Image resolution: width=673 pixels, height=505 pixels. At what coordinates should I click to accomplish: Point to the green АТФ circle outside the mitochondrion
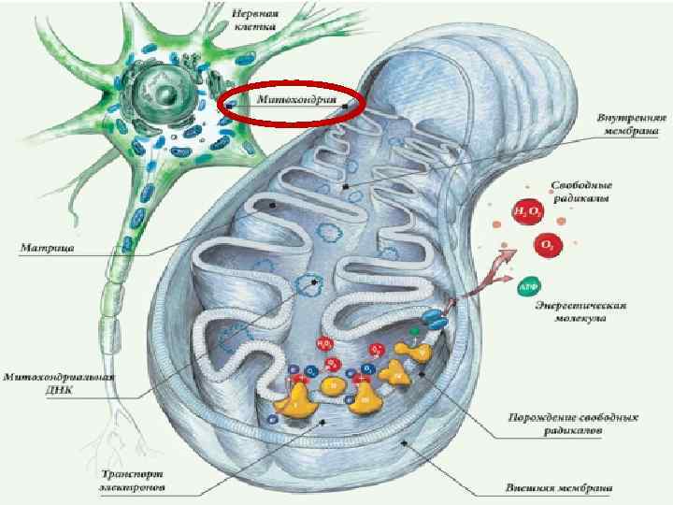click(x=527, y=283)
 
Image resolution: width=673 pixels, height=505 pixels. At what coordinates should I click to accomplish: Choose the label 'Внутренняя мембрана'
click(x=631, y=125)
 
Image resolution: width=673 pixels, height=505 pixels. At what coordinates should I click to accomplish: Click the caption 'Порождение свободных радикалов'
click(x=567, y=426)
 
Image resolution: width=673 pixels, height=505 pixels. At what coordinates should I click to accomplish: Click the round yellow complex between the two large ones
click(x=331, y=383)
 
